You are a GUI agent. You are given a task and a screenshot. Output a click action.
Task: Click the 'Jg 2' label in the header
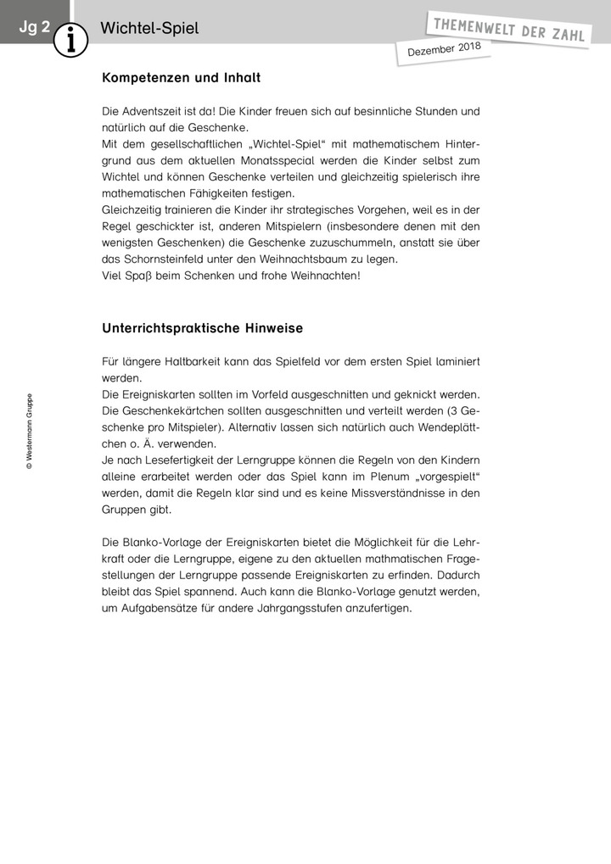[35, 27]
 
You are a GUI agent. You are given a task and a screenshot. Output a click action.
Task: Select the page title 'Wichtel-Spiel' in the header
[149, 28]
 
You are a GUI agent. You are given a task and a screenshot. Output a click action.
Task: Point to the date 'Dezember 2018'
[445, 51]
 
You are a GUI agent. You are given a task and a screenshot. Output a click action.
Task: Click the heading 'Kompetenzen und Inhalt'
[181, 78]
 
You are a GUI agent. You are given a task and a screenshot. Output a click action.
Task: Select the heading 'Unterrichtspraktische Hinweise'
[203, 327]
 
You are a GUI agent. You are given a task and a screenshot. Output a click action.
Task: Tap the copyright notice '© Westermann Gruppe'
[30, 431]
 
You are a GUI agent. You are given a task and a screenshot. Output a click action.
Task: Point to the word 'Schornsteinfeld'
[168, 259]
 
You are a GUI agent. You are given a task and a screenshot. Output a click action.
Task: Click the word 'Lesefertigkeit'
[194, 460]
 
